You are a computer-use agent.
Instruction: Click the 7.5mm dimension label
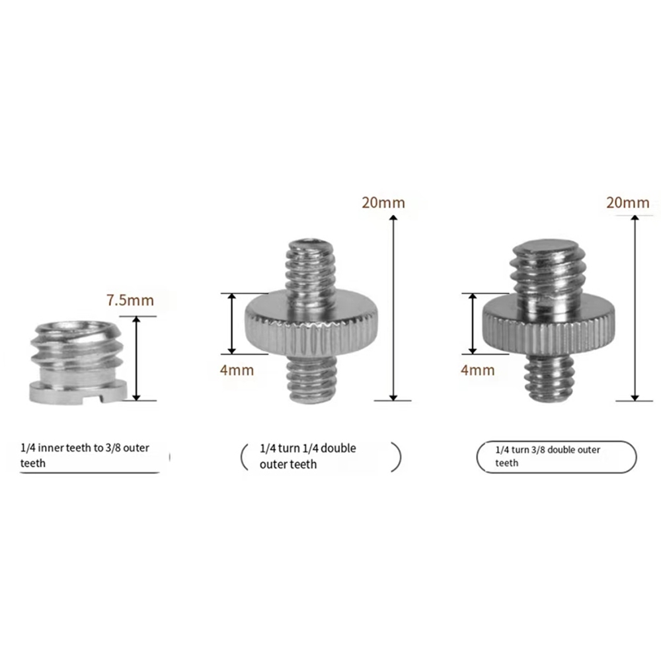coord(130,300)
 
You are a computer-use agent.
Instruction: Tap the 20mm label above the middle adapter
coord(383,203)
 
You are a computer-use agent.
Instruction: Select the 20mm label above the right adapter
coord(628,203)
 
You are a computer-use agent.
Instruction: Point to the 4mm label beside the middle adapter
coord(237,370)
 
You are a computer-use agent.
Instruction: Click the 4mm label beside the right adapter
coord(478,370)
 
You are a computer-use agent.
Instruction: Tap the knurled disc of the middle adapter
coord(311,325)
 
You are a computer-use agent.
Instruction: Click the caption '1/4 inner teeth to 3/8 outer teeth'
coord(85,455)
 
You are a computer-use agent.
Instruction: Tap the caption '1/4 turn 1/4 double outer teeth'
coord(308,456)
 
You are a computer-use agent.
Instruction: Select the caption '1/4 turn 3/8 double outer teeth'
coord(547,456)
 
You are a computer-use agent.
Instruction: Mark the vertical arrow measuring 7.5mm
coord(136,358)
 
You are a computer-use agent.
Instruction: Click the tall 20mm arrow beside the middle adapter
coord(393,308)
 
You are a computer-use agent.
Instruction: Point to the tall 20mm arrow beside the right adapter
coord(635,308)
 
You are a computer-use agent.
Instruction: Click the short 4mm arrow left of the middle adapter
coord(232,324)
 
